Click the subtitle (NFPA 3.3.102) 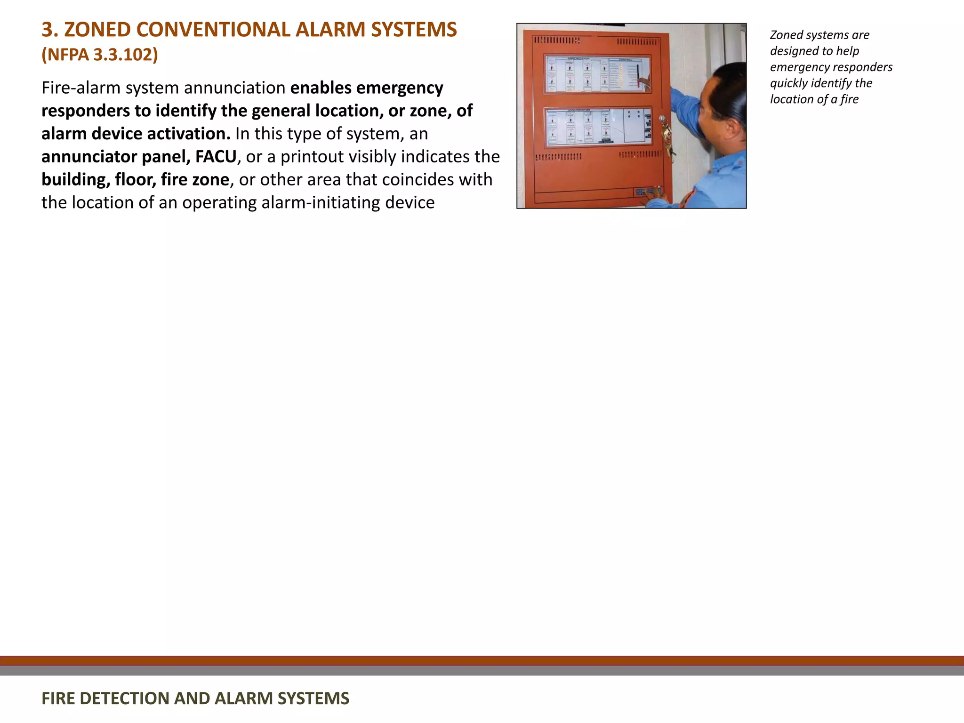click(99, 55)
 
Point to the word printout click(314, 157)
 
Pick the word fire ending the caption click(850, 99)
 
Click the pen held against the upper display click(639, 75)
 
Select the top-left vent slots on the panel click(556, 41)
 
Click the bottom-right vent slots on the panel click(640, 155)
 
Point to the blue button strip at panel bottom click(648, 192)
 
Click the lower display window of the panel click(598, 126)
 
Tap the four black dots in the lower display click(634, 114)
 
